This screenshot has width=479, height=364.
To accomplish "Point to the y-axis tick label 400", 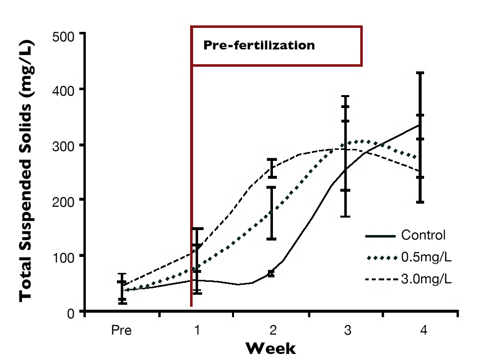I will coord(64,91).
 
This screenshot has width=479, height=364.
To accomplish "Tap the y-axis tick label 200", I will coord(64,202).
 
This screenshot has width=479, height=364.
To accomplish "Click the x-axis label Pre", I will coord(121,330).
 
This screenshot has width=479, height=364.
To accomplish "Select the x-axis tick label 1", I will coord(197,330).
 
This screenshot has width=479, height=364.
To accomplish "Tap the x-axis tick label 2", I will coord(272,330).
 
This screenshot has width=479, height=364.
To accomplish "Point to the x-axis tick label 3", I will coord(347,330).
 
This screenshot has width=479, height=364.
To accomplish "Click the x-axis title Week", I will coord(270,348).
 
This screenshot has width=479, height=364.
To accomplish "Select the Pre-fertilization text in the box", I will coord(259,46).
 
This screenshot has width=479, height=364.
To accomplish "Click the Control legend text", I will coord(423,236).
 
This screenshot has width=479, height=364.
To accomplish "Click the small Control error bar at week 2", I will coord(271,273).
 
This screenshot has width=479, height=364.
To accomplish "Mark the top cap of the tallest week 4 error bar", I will coord(420,73).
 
